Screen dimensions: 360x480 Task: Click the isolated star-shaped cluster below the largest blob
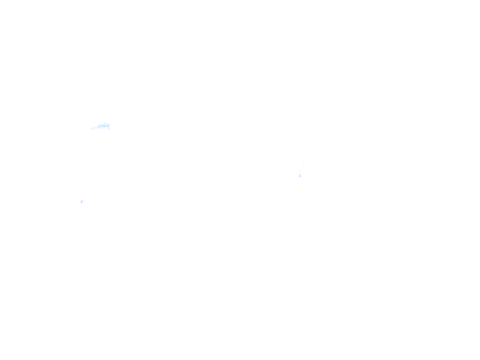[82, 201]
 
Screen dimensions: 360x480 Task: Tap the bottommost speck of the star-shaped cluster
[82, 205]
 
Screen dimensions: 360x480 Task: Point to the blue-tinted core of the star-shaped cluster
[82, 201]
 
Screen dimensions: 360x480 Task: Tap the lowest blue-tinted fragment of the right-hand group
[300, 176]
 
